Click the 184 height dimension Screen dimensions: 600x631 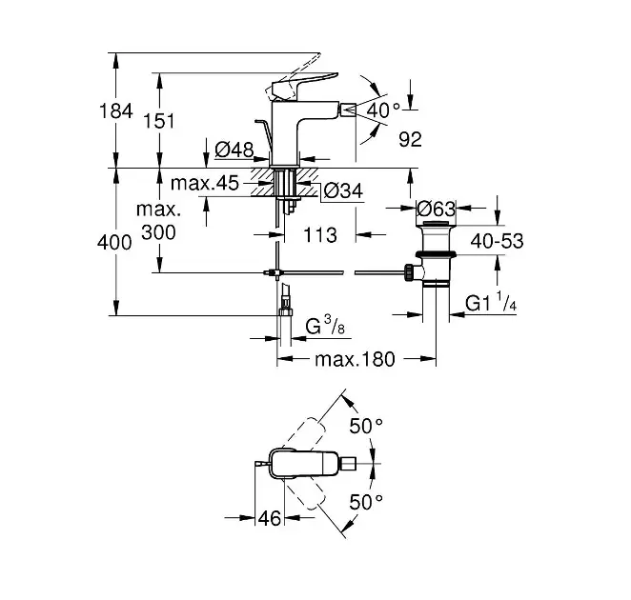coord(115,111)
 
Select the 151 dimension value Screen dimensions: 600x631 coord(161,121)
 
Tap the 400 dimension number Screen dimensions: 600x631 coord(115,244)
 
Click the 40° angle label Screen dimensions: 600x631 coord(384,111)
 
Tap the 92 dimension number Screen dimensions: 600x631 coord(410,139)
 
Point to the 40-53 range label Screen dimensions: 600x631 coord(499,242)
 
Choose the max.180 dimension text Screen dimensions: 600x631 coord(356,359)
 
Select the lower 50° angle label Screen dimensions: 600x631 coord(367,502)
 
